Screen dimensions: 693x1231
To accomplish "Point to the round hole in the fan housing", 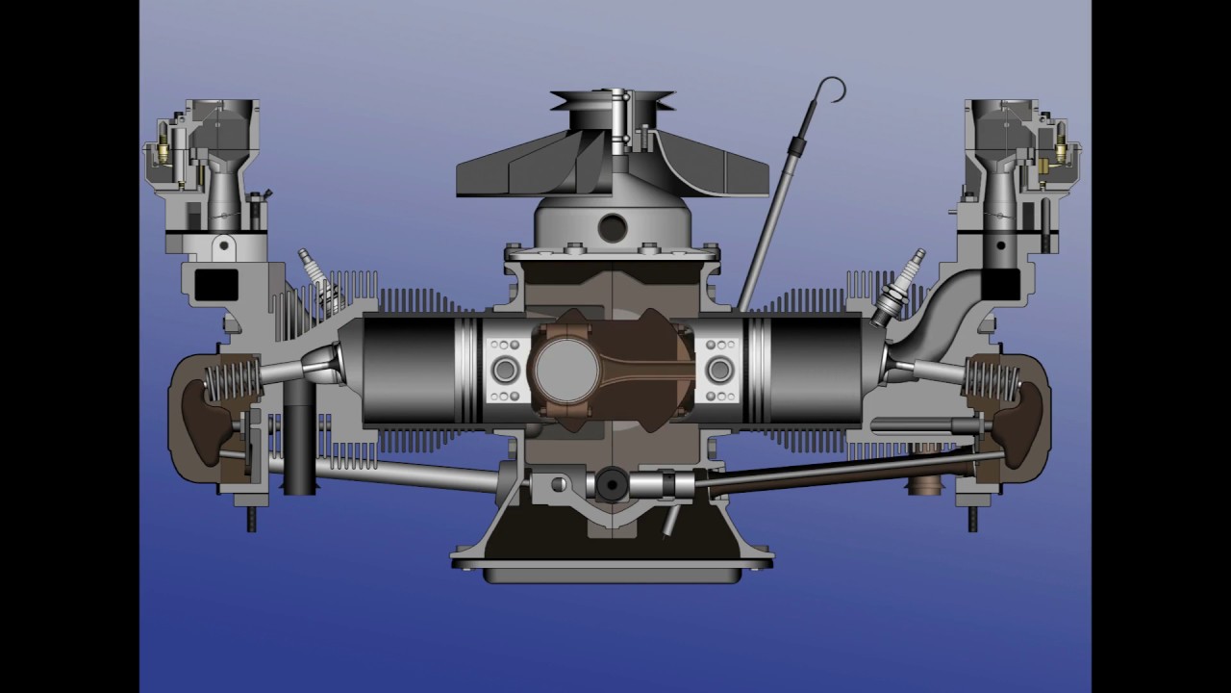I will [x=612, y=228].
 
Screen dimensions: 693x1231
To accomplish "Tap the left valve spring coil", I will [x=231, y=381].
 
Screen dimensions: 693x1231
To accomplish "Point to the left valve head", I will [x=325, y=367].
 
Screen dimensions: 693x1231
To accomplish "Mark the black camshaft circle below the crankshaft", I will [x=612, y=484].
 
